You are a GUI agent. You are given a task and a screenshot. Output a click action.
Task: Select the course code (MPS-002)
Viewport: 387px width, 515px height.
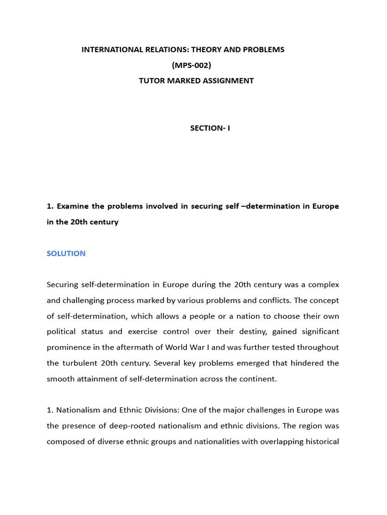click(x=191, y=65)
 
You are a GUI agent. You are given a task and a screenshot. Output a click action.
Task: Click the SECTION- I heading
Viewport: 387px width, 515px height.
click(x=210, y=128)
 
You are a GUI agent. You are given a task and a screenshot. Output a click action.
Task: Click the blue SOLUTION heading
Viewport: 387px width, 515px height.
click(x=66, y=253)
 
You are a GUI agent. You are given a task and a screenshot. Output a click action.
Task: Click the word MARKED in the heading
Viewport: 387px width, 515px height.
click(x=186, y=80)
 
